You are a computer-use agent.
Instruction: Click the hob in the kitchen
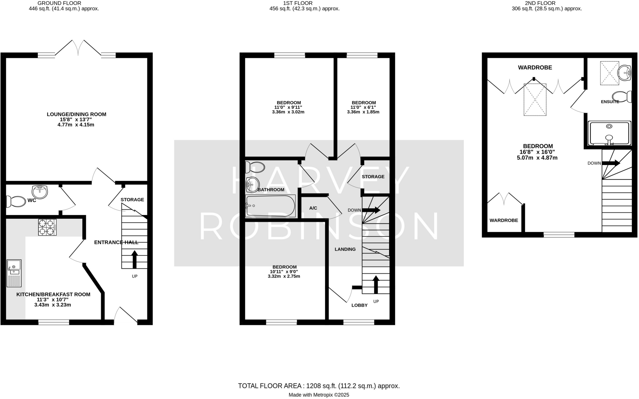click(x=47, y=227)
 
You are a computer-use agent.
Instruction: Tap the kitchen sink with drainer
click(x=14, y=273)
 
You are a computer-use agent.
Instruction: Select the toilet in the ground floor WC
click(x=16, y=202)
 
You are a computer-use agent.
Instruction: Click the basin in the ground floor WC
click(x=40, y=192)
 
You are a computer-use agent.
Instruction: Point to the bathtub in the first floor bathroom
click(x=270, y=206)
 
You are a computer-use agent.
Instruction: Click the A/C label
click(x=313, y=208)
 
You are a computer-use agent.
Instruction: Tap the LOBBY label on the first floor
click(x=359, y=305)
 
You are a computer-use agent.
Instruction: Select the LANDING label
click(x=345, y=249)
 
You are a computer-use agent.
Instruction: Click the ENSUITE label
click(x=610, y=102)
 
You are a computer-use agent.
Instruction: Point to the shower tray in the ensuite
click(x=609, y=133)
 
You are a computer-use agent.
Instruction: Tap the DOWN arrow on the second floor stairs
click(x=611, y=163)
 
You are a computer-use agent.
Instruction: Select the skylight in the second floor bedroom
click(x=535, y=100)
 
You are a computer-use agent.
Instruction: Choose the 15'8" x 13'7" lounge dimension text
click(x=76, y=120)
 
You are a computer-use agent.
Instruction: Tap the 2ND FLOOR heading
click(x=547, y=3)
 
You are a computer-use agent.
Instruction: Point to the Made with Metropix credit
click(x=319, y=395)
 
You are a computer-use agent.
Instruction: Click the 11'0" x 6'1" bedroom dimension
click(x=363, y=107)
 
